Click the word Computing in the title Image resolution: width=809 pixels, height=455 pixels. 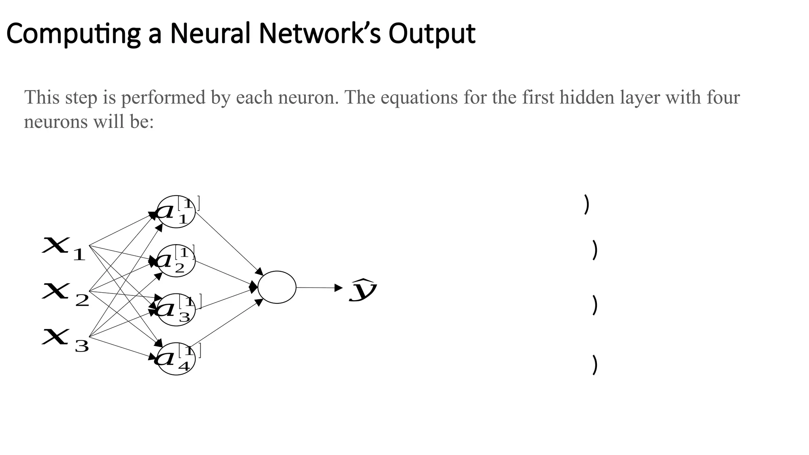tap(73, 34)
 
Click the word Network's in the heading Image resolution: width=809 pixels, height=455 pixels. tap(320, 33)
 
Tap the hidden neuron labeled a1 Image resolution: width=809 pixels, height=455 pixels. tap(176, 212)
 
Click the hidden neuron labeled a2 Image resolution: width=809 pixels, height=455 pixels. tap(176, 261)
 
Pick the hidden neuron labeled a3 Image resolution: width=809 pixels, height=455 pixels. tap(176, 310)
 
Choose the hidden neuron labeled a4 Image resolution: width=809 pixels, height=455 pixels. tap(176, 359)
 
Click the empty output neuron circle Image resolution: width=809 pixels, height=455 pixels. tap(277, 287)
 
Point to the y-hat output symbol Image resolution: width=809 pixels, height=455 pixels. tap(363, 290)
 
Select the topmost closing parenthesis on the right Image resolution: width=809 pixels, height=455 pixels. tap(587, 205)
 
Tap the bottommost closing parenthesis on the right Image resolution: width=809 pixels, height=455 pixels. tap(595, 365)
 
